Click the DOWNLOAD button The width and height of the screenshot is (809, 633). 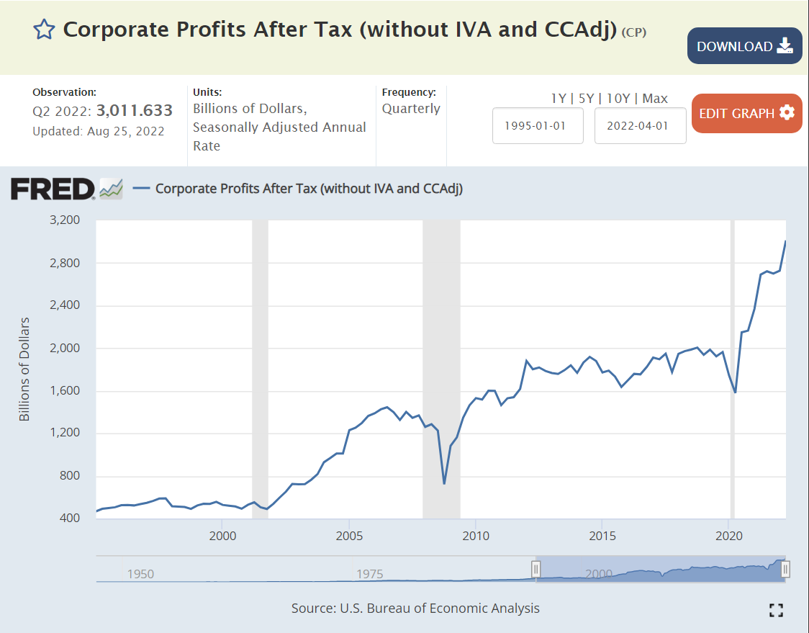point(744,46)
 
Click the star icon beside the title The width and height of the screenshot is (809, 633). point(44,30)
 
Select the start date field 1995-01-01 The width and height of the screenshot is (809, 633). point(538,125)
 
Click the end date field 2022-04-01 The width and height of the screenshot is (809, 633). point(640,125)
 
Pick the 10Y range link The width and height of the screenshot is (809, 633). point(619,99)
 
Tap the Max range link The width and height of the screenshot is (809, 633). point(655,99)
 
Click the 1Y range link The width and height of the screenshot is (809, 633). point(559,99)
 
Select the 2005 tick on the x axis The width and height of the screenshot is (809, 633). point(349,536)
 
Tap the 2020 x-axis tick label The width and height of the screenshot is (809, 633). point(729,536)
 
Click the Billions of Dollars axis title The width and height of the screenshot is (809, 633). point(24,369)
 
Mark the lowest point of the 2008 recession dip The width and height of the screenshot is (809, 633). point(444,483)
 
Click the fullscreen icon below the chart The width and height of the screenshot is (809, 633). point(775,610)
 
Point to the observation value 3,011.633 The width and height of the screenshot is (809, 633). point(135,110)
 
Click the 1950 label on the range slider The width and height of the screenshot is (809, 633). point(140,574)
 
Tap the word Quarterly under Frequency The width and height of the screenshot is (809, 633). point(411,109)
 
